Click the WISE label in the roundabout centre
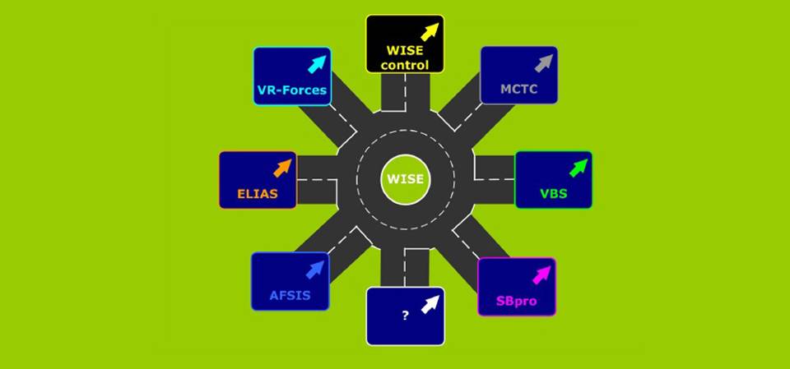[x=405, y=178]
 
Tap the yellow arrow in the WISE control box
[x=430, y=32]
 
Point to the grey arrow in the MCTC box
[x=543, y=63]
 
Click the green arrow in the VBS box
[x=579, y=168]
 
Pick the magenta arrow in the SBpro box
[x=541, y=274]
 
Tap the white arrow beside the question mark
[x=430, y=304]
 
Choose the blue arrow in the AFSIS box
[x=315, y=269]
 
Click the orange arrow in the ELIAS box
[x=282, y=168]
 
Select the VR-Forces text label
[x=291, y=90]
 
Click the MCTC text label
[x=518, y=90]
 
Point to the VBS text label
[x=553, y=195]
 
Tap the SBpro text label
[x=516, y=301]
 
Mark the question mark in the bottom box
[x=405, y=316]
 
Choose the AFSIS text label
[x=290, y=295]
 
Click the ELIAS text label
[x=256, y=195]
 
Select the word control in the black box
[x=405, y=64]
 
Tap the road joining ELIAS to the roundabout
[x=317, y=178]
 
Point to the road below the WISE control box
[x=405, y=95]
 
